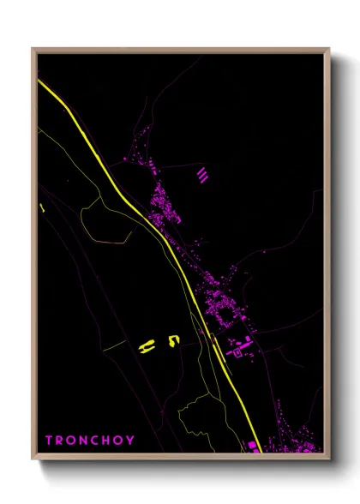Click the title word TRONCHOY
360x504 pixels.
coord(90,441)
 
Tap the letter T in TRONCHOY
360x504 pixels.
coord(49,441)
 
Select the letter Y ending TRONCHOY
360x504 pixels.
coord(131,441)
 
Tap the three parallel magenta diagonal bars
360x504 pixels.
coord(202,176)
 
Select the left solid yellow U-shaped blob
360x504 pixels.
coord(147,345)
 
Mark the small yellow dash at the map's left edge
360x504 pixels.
coord(41,207)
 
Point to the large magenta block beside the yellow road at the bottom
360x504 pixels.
coord(253,446)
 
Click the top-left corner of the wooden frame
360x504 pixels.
coord(33,50)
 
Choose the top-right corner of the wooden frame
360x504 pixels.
coord(328,50)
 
